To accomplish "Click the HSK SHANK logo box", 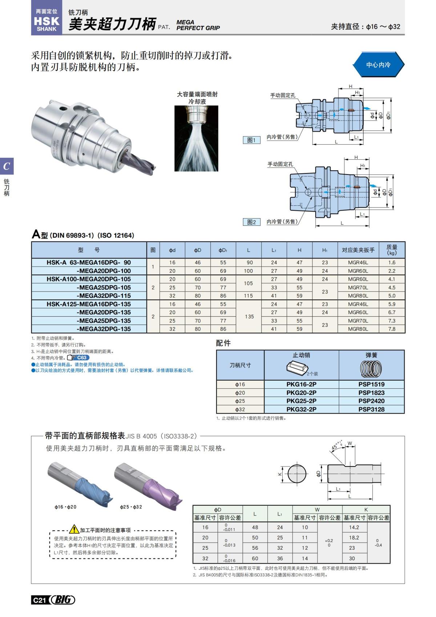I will (47, 20).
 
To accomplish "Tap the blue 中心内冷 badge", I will (378, 65).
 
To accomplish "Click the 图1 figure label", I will (251, 140).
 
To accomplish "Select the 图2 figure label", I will (251, 222).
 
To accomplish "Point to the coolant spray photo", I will (196, 139).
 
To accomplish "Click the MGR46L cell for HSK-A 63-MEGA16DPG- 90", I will (358, 263).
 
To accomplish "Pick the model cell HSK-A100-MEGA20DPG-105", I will (89, 279).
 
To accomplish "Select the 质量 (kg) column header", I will (392, 250).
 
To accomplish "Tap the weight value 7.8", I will (392, 329).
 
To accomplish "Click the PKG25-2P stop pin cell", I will (301, 401).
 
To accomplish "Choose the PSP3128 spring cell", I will (371, 409).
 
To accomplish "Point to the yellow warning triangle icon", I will (74, 529).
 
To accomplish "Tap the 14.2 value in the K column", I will (354, 527).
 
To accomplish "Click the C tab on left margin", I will (7, 166).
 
